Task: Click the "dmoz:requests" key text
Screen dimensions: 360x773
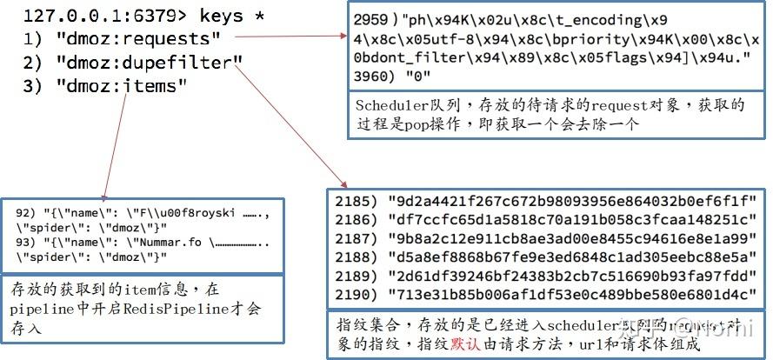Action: (139, 39)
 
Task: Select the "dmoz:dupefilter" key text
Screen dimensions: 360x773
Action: (148, 63)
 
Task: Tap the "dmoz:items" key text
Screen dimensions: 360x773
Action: (122, 85)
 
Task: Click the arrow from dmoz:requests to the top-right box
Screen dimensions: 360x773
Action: (290, 37)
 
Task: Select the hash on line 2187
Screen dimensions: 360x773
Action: (573, 239)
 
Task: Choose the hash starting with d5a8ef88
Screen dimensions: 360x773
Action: (573, 257)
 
